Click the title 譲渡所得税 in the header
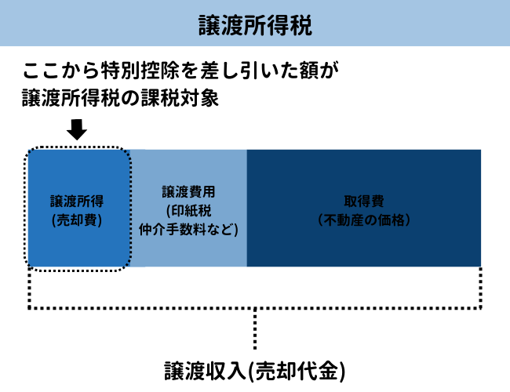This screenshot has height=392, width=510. (255, 25)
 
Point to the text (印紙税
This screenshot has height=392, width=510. (188, 211)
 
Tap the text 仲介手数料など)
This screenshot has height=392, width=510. (188, 230)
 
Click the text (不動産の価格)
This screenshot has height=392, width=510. (363, 220)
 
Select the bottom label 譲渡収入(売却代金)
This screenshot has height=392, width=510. (255, 370)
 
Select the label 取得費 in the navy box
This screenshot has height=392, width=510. (363, 201)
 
